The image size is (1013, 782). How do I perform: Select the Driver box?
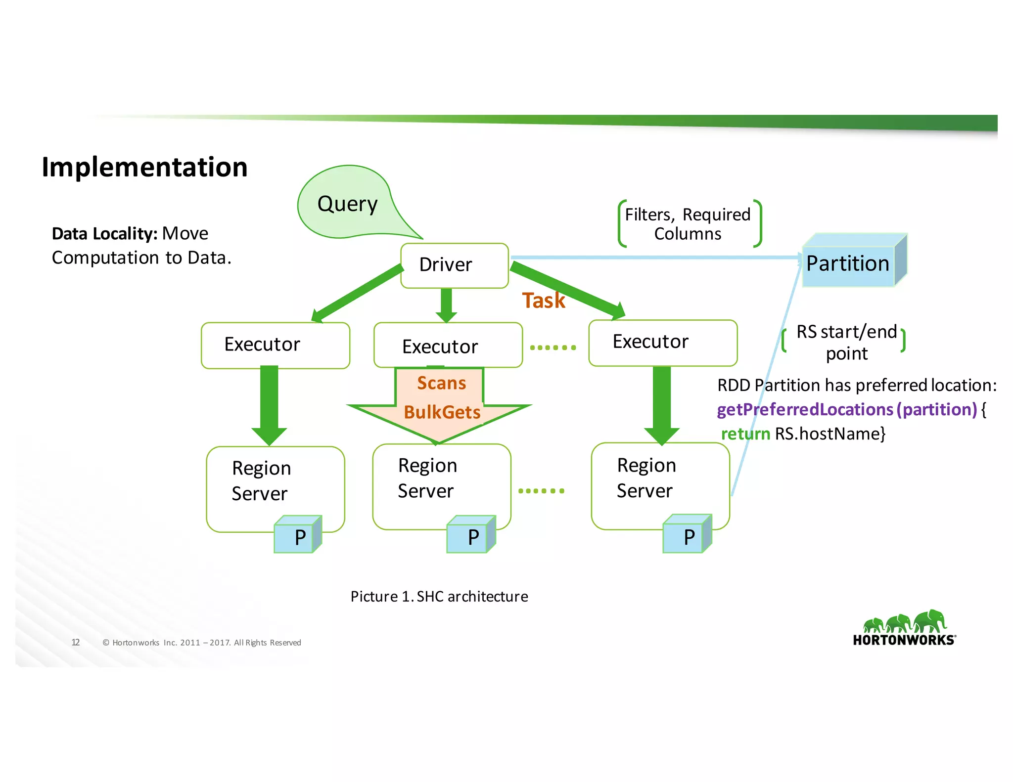point(454,265)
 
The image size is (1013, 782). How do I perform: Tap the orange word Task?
point(543,301)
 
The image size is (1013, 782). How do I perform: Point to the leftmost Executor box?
point(275,345)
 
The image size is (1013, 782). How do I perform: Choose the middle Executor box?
point(448,346)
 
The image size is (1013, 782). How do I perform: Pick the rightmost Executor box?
point(662,343)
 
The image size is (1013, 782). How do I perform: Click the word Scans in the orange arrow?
point(441,383)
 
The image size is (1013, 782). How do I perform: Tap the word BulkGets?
point(442,412)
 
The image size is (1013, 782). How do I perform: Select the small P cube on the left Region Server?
point(297,536)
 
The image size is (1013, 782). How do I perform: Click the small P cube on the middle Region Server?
point(470,536)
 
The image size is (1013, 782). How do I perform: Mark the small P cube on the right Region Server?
point(687,536)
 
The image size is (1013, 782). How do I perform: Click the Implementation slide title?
point(144,167)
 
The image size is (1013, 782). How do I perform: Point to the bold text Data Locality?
point(104,234)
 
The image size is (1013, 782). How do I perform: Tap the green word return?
point(745,434)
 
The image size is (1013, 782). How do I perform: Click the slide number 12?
point(76,642)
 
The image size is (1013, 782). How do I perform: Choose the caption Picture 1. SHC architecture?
point(439,597)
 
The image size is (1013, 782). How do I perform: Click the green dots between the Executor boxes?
point(553,348)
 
